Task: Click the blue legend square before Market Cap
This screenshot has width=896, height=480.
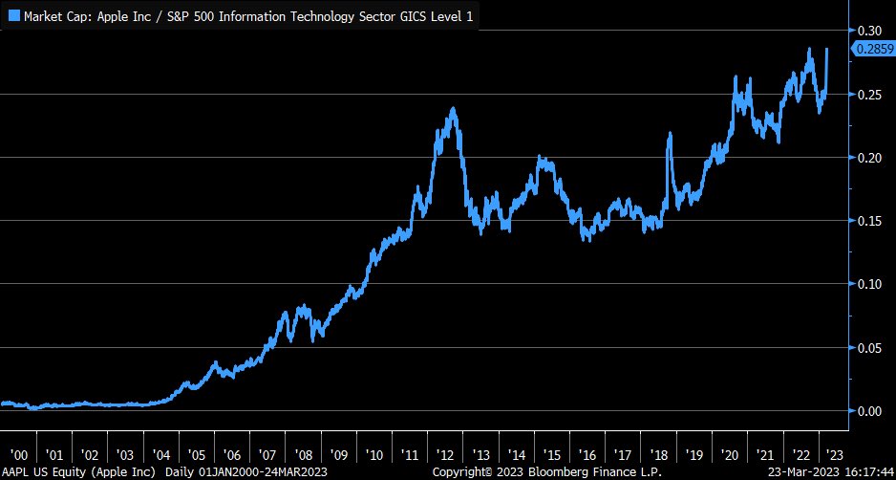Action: (x=12, y=16)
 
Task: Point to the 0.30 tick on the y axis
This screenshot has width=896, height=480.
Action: (x=868, y=31)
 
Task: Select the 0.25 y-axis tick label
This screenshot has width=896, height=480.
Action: (x=868, y=94)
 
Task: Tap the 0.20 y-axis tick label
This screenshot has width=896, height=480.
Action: (x=868, y=158)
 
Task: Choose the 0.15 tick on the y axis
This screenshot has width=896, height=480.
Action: (x=868, y=221)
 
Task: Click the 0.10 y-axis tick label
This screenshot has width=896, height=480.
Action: (x=868, y=284)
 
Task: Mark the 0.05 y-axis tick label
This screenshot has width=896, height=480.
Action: (x=868, y=348)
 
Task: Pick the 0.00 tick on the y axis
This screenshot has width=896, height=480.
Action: (x=868, y=411)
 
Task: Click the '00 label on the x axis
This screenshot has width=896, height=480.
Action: (x=19, y=455)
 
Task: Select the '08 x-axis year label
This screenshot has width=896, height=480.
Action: (x=303, y=455)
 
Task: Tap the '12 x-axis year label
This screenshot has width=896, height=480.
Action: (x=444, y=455)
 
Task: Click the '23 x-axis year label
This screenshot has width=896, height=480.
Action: (x=834, y=455)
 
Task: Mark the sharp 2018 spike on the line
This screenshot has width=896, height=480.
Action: (x=670, y=135)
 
